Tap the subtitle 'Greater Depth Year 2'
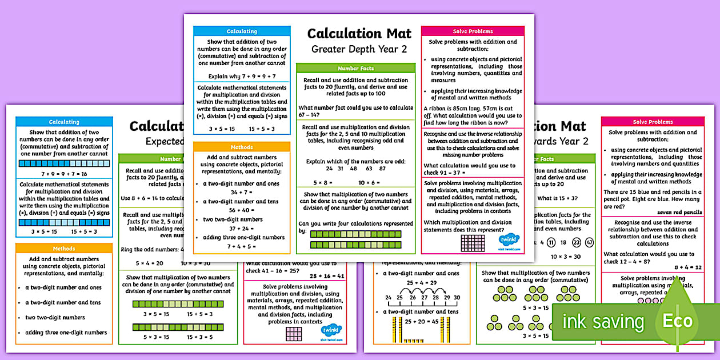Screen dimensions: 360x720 (359, 49)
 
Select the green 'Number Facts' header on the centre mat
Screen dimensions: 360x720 (355, 68)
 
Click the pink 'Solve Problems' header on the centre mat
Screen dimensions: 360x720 (473, 31)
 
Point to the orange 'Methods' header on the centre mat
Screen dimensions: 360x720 (242, 147)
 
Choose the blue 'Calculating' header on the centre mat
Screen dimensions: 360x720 (242, 31)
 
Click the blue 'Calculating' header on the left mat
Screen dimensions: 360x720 (64, 122)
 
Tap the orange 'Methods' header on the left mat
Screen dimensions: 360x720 (64, 249)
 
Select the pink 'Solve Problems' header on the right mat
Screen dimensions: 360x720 (652, 122)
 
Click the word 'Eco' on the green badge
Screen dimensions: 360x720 (677, 321)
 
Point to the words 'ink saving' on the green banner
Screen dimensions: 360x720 (603, 322)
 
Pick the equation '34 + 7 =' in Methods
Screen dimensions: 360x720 (242, 193)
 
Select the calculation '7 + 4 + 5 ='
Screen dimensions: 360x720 (242, 246)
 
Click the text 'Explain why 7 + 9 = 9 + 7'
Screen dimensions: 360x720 (242, 75)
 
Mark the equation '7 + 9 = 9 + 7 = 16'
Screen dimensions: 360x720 (64, 173)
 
